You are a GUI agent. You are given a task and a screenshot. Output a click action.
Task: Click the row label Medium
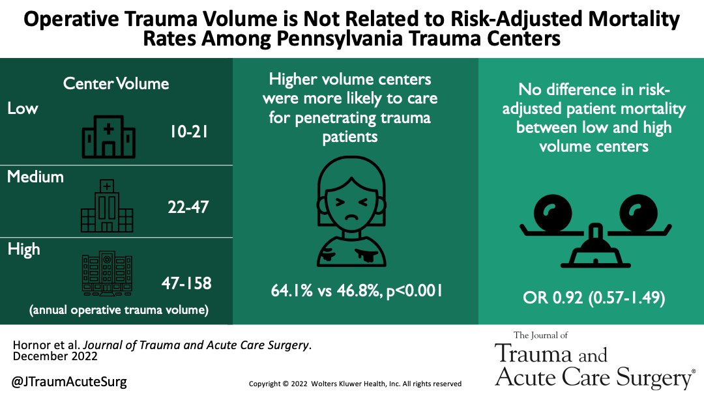point(35,177)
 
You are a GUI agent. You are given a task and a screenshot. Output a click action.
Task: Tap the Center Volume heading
point(115,83)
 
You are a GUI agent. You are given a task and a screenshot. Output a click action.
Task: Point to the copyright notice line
point(355,384)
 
